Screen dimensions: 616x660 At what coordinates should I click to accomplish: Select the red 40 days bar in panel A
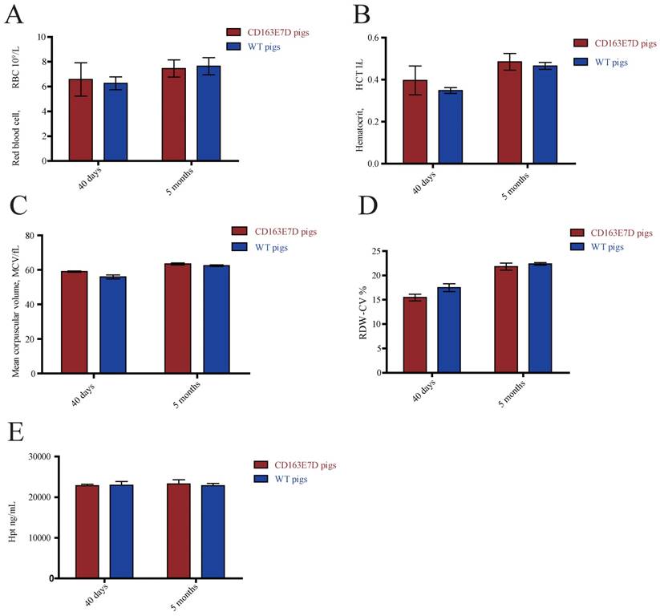[80, 120]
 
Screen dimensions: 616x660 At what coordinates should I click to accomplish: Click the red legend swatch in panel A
[239, 33]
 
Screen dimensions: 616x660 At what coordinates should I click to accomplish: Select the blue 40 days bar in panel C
[113, 325]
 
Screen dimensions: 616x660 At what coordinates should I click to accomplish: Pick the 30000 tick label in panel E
[36, 456]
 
